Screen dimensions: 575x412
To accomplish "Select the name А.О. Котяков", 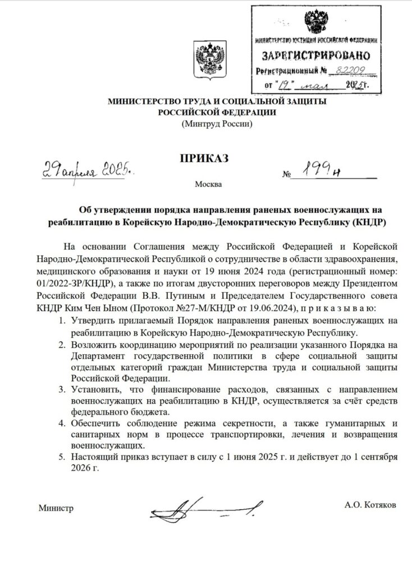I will [x=370, y=505].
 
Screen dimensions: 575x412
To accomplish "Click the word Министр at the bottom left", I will [x=56, y=509].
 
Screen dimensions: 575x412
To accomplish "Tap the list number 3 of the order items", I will [x=62, y=388].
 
